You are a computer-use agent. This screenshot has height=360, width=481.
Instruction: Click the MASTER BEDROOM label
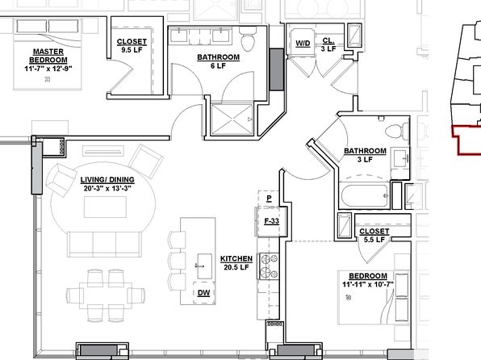point(48,56)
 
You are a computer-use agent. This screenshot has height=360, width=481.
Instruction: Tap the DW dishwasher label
point(203,293)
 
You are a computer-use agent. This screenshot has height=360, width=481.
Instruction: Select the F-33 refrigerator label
point(271,221)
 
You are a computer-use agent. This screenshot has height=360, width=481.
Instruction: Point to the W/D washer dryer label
point(303,44)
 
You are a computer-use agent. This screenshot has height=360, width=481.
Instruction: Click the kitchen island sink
point(204,266)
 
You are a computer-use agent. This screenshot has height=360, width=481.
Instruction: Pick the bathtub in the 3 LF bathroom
point(365,196)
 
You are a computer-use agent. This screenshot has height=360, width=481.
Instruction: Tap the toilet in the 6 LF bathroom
point(249,40)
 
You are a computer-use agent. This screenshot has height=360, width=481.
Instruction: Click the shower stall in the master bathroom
point(232,119)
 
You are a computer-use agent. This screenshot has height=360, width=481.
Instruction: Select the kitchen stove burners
point(270,266)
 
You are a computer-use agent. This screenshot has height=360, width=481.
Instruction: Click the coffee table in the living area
point(105,207)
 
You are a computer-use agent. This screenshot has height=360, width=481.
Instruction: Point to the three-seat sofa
point(105,245)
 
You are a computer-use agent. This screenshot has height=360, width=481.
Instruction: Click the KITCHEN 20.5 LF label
point(236,263)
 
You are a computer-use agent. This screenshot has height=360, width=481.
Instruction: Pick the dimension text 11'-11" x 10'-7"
point(368,284)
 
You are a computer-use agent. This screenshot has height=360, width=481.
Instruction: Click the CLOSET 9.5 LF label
point(132,45)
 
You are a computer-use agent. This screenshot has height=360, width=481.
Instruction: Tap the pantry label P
point(269,199)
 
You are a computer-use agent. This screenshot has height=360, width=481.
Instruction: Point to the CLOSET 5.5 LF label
point(374,236)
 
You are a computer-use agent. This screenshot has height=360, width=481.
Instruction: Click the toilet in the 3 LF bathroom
point(397,132)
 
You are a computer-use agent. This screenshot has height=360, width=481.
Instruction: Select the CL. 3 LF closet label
point(328,45)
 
